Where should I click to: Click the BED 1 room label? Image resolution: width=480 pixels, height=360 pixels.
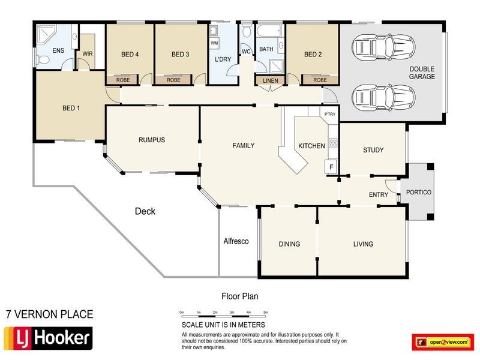point(70,109)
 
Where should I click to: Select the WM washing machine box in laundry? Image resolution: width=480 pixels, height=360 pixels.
point(214,44)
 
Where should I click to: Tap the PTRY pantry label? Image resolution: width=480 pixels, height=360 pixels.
point(329,114)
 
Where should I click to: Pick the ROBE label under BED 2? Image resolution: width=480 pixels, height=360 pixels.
point(320,80)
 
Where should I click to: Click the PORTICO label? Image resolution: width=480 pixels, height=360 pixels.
point(418,193)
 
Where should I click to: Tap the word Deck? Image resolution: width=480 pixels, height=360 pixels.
point(145,211)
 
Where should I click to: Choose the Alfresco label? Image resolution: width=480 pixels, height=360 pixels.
point(236,241)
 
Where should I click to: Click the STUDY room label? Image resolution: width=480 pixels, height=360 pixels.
point(373,150)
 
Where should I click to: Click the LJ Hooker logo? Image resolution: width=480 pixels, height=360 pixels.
point(48,338)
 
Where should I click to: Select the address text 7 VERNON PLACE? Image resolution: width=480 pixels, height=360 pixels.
point(49,314)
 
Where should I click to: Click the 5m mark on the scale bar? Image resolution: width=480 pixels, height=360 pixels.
point(265,313)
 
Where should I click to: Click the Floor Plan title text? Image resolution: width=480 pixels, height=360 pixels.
point(240,296)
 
